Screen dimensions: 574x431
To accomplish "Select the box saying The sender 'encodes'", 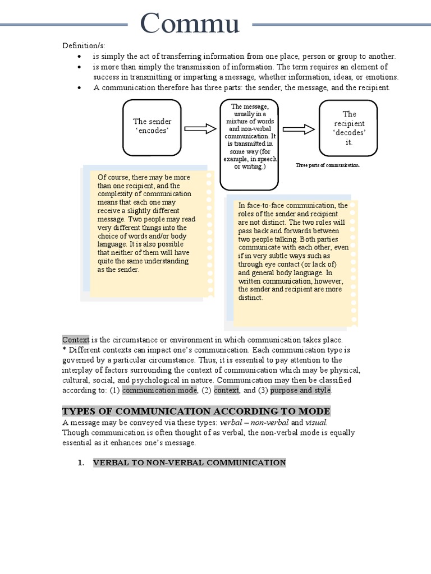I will [x=152, y=126].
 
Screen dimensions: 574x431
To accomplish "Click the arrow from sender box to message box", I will [x=200, y=129].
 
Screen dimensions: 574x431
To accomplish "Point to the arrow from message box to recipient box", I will [x=299, y=129].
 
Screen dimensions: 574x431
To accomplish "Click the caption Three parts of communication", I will [x=327, y=165].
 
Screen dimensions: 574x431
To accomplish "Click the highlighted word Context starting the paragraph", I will [x=75, y=340].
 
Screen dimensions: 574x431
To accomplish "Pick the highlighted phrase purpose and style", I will [x=301, y=390].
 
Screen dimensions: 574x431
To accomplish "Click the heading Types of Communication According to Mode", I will [x=196, y=411].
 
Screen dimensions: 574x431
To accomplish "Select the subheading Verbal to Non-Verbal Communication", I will [x=189, y=462].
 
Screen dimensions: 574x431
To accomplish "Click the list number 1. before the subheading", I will [x=81, y=462].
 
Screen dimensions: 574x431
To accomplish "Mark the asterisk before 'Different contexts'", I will [x=64, y=350].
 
